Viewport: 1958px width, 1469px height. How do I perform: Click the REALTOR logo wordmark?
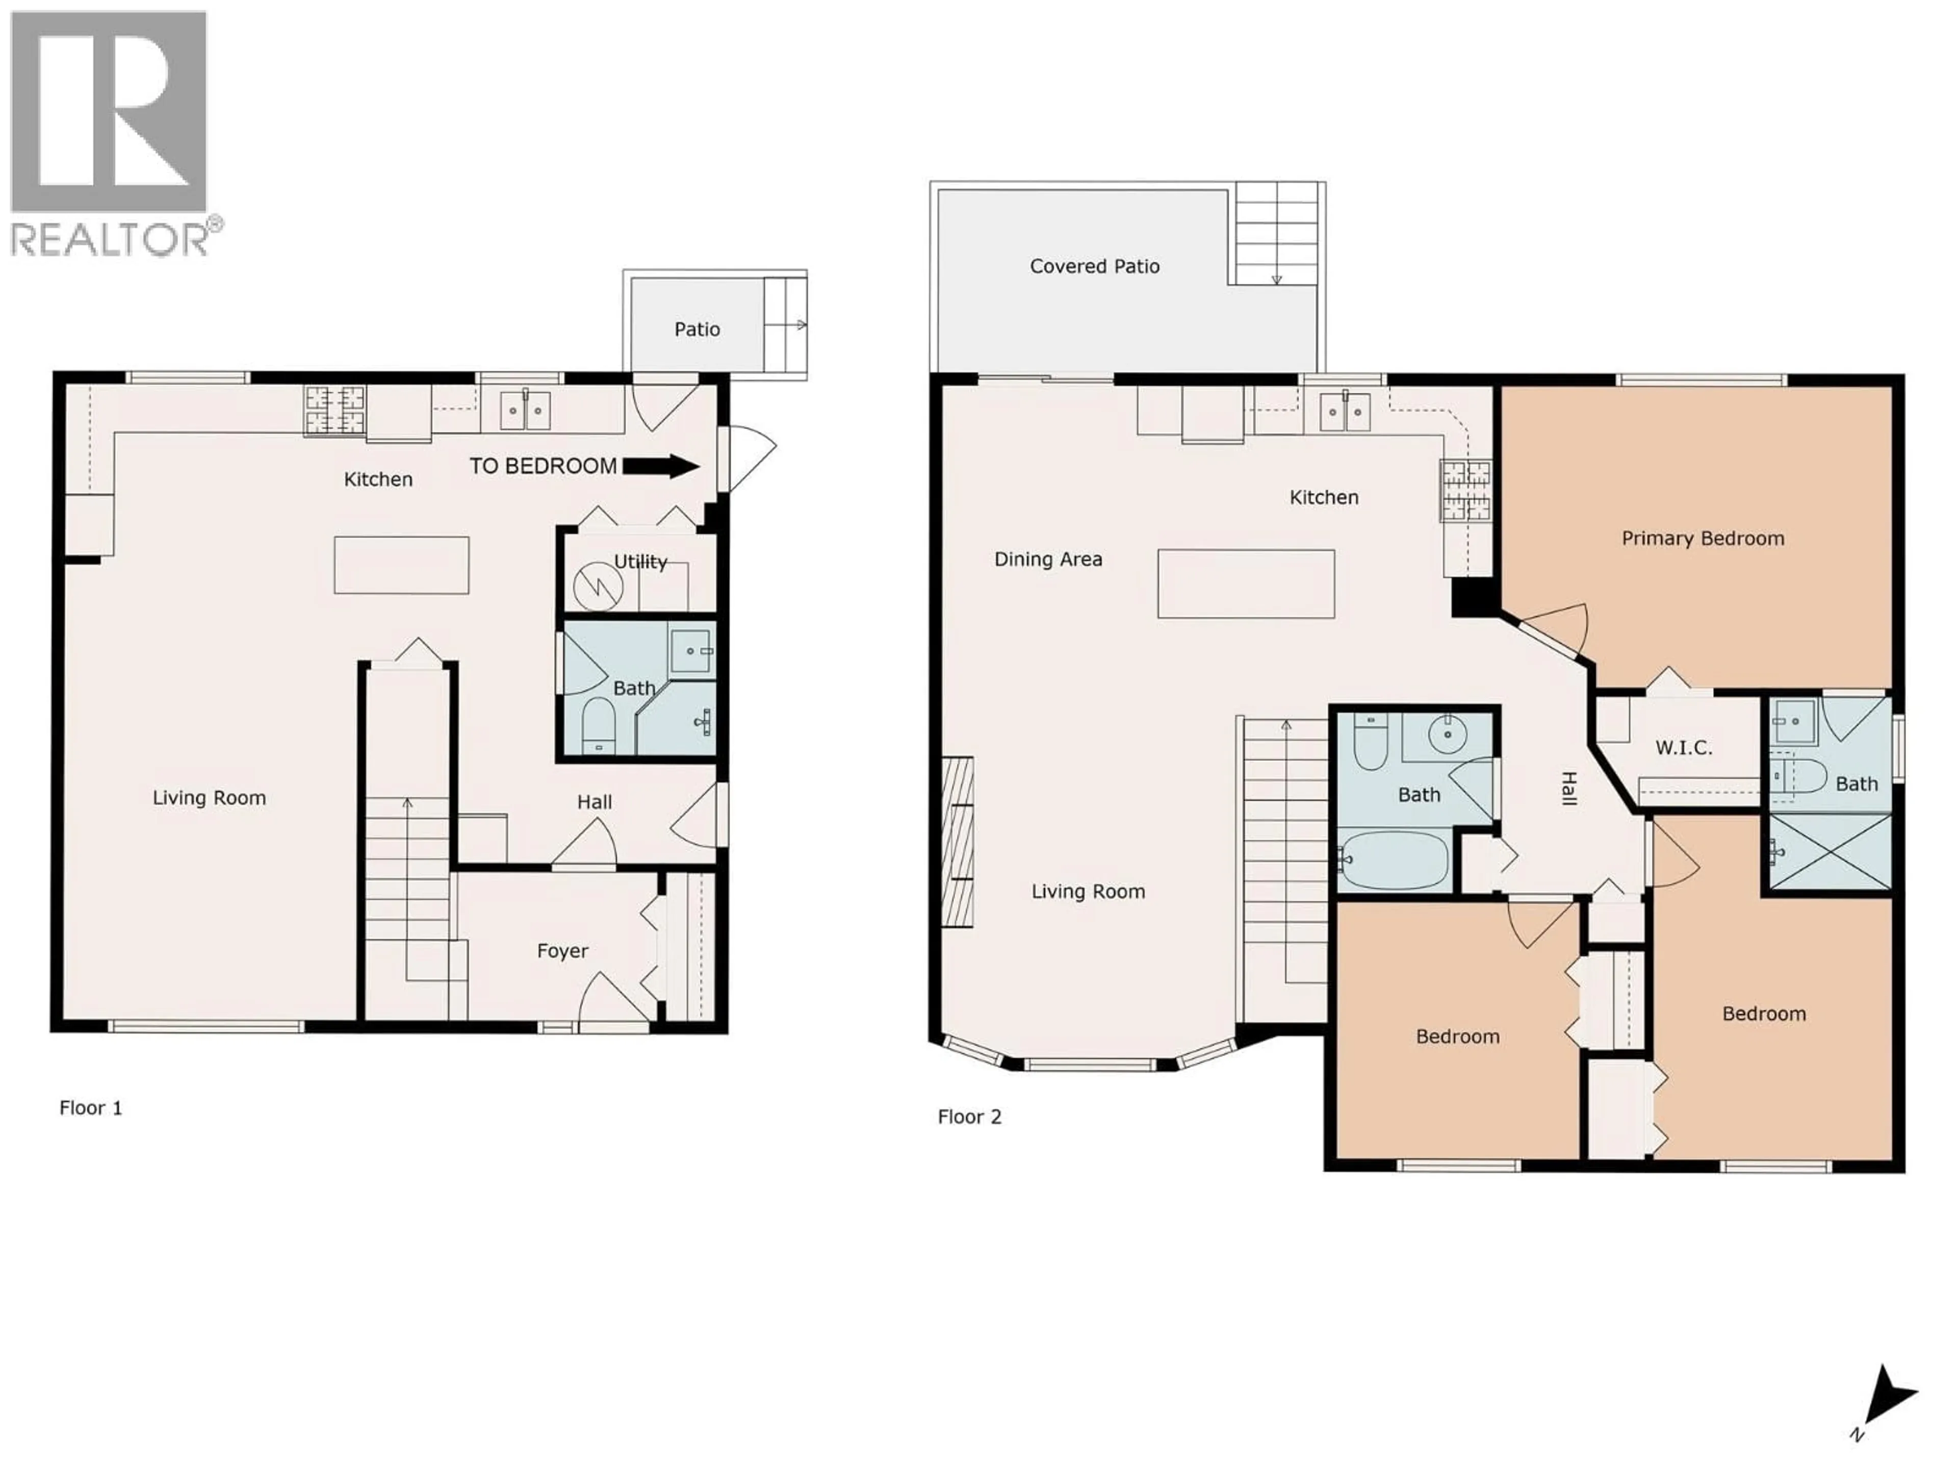(111, 239)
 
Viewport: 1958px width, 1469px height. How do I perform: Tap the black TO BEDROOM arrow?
(661, 466)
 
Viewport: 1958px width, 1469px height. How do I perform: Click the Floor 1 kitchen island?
(401, 565)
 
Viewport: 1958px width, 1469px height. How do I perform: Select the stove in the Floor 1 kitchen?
(334, 410)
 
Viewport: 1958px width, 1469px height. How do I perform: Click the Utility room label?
(640, 562)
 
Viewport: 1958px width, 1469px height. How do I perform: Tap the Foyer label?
(562, 951)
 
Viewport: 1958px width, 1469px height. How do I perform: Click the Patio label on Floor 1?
(697, 330)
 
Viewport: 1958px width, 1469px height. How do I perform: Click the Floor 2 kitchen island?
(1246, 584)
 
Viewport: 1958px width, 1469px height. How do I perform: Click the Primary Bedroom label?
(1702, 538)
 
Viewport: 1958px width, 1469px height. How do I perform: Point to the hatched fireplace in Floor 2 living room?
(957, 841)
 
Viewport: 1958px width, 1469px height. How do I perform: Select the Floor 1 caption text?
(90, 1108)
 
